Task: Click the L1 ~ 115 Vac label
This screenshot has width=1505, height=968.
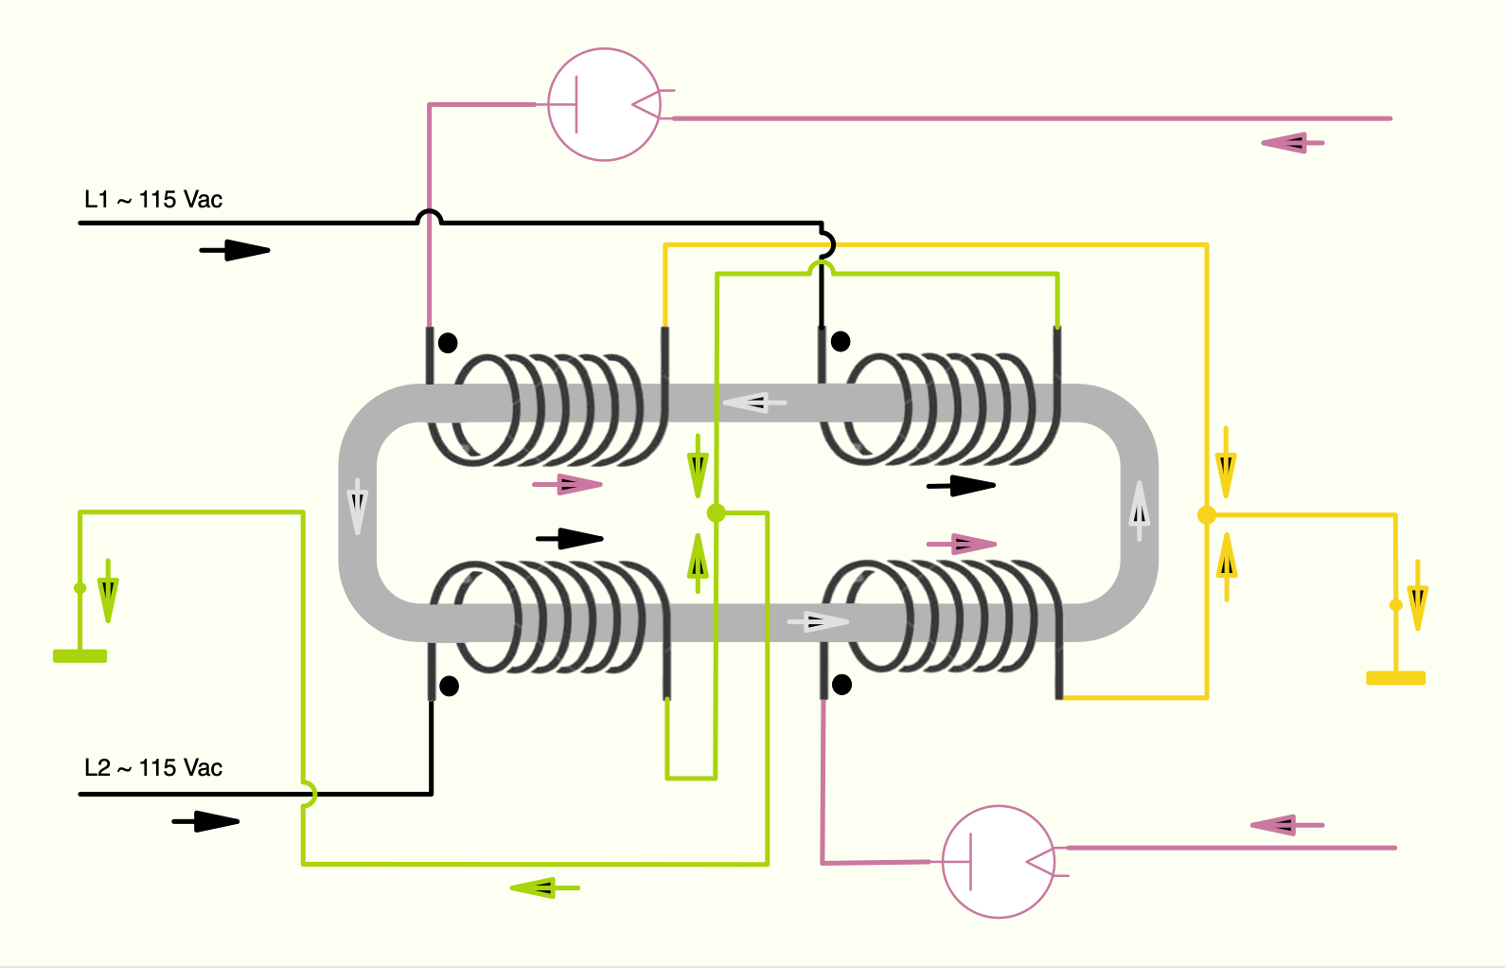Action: [x=153, y=200]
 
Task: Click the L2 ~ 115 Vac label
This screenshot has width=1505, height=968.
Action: [x=153, y=768]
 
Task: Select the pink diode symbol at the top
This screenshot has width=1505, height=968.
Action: [x=604, y=104]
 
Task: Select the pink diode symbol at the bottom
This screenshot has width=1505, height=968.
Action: [x=999, y=862]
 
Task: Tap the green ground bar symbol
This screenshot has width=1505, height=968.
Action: [x=80, y=655]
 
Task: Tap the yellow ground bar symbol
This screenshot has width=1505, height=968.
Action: [x=1395, y=677]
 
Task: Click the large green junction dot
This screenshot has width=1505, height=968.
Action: [x=717, y=513]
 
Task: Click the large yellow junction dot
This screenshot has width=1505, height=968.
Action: [x=1207, y=515]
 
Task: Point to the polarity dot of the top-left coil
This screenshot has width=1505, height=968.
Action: [x=448, y=343]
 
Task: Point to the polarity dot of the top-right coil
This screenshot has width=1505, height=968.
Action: [x=841, y=341]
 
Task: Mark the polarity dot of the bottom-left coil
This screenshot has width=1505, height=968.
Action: [x=450, y=686]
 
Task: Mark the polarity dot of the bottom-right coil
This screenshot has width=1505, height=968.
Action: [x=841, y=684]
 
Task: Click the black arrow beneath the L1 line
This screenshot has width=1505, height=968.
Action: [x=235, y=250]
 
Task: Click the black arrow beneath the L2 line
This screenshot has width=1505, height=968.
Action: [x=205, y=821]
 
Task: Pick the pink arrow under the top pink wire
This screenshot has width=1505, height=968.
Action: [x=1292, y=143]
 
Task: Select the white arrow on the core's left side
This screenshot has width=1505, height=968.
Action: [x=357, y=506]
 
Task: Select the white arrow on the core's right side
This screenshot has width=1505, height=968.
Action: [x=1140, y=511]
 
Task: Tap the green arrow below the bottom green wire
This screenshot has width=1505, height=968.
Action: [x=544, y=887]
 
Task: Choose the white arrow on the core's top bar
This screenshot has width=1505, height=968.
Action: [x=754, y=403]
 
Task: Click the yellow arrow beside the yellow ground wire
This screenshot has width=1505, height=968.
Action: [x=1417, y=596]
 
